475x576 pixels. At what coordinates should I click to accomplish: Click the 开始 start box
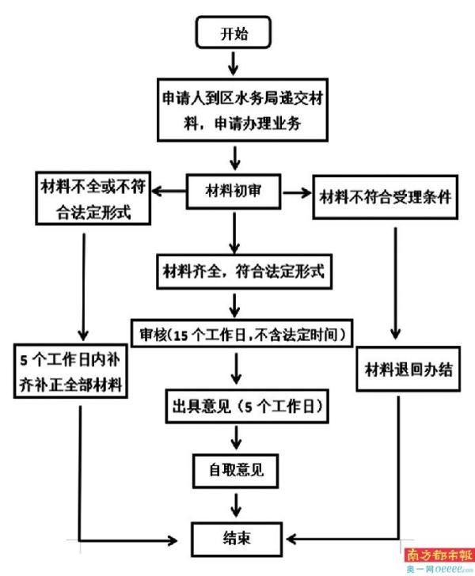[x=234, y=33]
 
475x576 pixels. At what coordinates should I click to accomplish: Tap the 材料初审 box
[x=234, y=191]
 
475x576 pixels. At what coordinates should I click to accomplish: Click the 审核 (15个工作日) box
[x=241, y=335]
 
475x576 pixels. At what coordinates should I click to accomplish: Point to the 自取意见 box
[x=235, y=470]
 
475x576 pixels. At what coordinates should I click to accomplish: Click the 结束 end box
[x=234, y=539]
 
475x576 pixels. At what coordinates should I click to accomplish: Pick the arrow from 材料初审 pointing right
[x=297, y=191]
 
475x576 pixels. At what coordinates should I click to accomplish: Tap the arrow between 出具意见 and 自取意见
[x=235, y=437]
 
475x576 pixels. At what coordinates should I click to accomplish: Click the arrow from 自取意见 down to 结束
[x=235, y=504]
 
